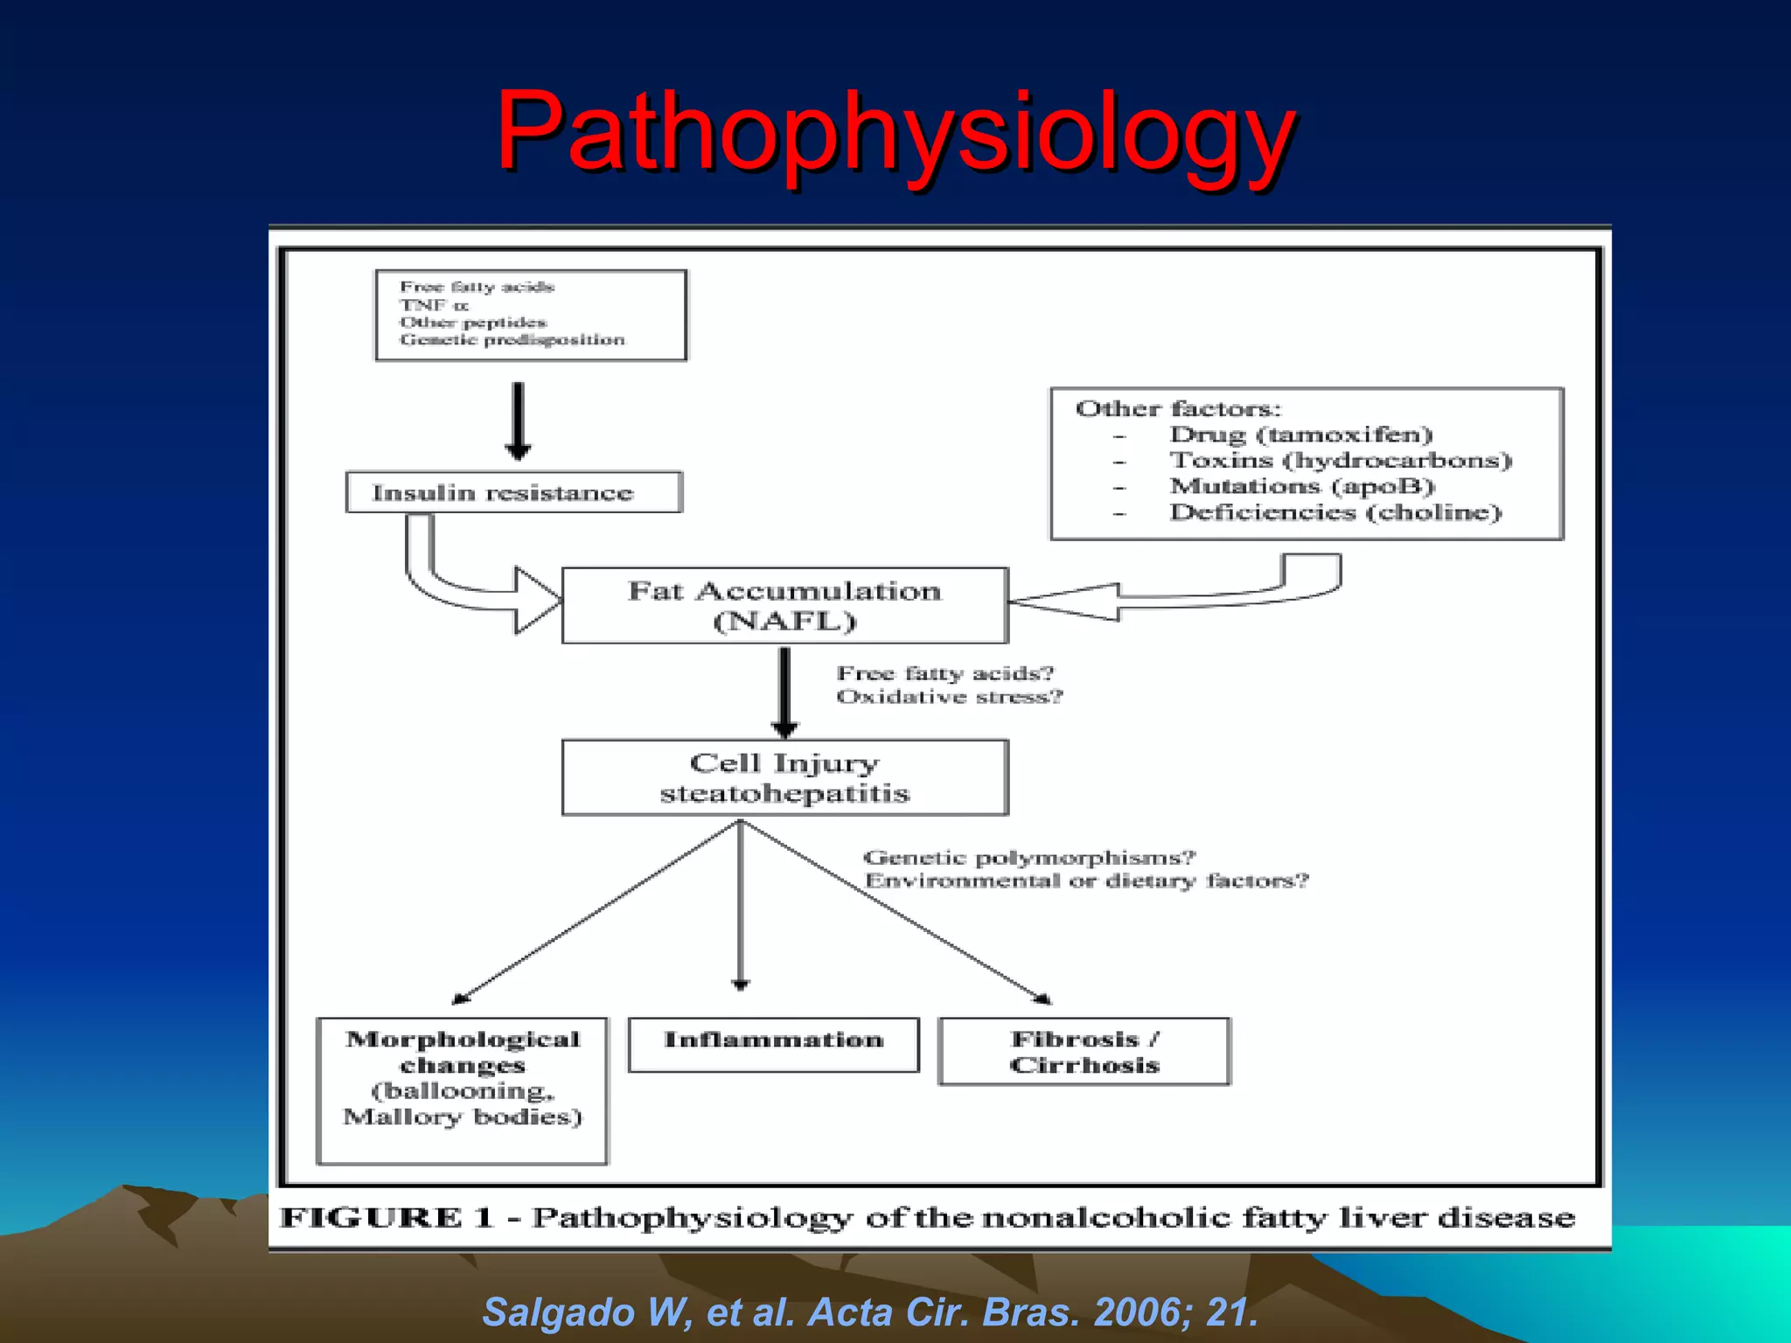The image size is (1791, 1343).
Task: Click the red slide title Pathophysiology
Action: coord(895,131)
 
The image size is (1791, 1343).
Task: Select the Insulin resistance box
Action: coord(513,492)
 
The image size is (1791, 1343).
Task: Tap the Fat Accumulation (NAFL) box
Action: coord(784,605)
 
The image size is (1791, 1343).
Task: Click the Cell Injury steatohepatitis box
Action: coord(784,777)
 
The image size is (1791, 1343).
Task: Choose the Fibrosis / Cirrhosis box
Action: coord(1084,1051)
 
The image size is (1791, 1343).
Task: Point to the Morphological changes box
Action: coord(462,1089)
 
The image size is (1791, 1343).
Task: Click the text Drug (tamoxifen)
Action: coord(1300,435)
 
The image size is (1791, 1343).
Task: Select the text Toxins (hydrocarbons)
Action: coord(1341,460)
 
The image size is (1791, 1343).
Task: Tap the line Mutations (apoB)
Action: coord(1302,486)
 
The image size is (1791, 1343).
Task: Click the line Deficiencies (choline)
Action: coord(1335,512)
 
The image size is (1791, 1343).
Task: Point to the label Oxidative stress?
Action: coord(949,697)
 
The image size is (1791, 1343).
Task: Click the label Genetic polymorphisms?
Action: coord(1028,858)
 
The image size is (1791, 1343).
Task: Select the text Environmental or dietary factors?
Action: coord(1086,880)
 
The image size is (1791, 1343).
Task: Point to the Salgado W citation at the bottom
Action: coord(869,1312)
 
